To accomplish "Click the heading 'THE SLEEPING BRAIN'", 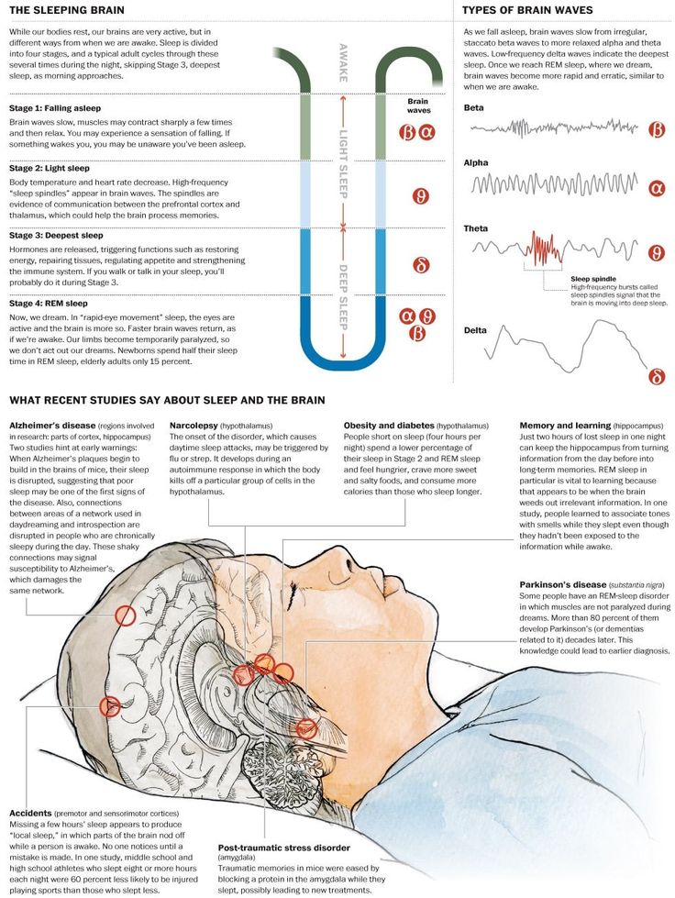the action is click(66, 10).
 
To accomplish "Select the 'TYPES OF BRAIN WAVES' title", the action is click(527, 10).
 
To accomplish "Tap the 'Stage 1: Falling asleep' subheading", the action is click(55, 108).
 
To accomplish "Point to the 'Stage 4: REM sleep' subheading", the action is click(49, 304).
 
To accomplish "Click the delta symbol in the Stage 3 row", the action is click(421, 265).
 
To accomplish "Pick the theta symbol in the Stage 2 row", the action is click(421, 196).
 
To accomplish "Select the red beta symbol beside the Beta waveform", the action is click(657, 130).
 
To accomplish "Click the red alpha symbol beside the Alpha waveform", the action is click(658, 188).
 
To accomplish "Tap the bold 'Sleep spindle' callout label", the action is click(592, 279).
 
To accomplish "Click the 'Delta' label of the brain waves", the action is click(475, 330).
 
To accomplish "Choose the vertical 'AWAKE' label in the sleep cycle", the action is click(344, 63).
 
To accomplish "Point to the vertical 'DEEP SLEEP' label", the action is click(344, 297).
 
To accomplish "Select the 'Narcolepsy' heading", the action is click(194, 426).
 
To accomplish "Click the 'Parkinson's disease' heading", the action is click(563, 584).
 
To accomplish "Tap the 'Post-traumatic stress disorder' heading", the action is click(284, 848).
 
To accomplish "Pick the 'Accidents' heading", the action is click(30, 814).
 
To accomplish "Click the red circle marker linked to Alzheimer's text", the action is click(125, 615).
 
